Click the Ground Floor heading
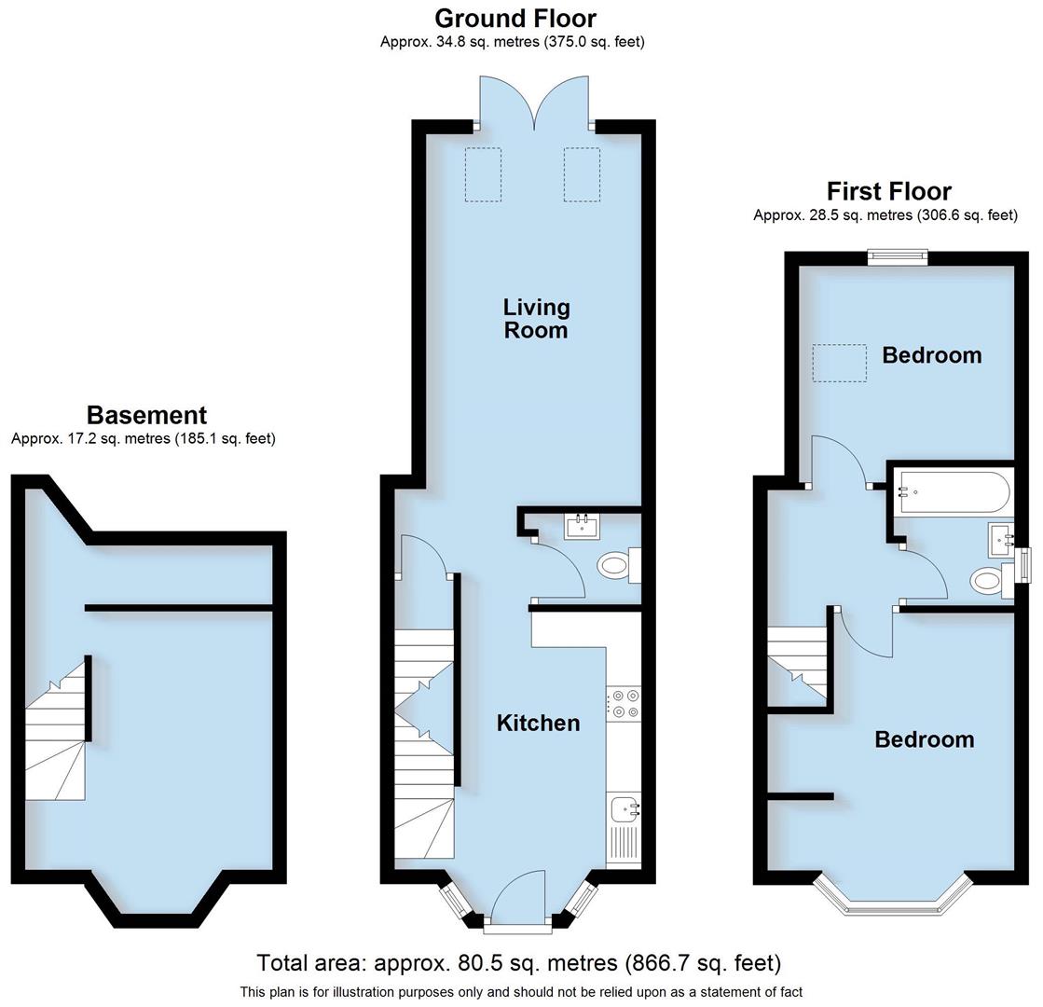[x=515, y=18]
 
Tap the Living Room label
[x=536, y=318]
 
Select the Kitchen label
[x=538, y=723]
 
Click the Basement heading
[x=146, y=415]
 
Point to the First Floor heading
[x=888, y=191]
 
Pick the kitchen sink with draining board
[x=624, y=825]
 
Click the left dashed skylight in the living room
[x=483, y=174]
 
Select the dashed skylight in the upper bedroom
[x=839, y=363]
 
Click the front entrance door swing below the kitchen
[x=517, y=899]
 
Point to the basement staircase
[x=56, y=732]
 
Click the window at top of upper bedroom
[x=898, y=257]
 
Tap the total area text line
[x=519, y=962]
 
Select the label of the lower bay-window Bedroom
[x=924, y=739]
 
